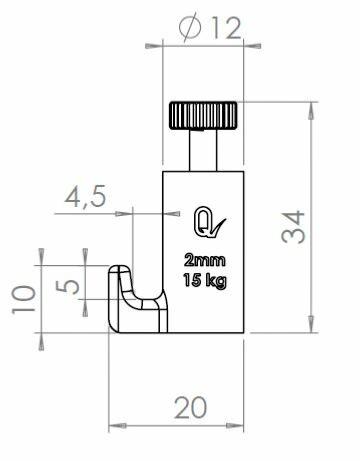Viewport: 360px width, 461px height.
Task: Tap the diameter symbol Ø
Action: pyautogui.click(x=190, y=30)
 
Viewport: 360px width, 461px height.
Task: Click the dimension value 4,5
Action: pyautogui.click(x=85, y=197)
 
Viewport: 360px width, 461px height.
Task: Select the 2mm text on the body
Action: pyautogui.click(x=203, y=260)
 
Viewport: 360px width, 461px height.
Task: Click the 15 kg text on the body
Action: pyautogui.click(x=203, y=279)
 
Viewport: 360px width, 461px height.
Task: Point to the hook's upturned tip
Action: pyautogui.click(x=120, y=271)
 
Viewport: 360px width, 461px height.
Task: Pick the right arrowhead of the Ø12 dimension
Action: pyautogui.click(x=243, y=45)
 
